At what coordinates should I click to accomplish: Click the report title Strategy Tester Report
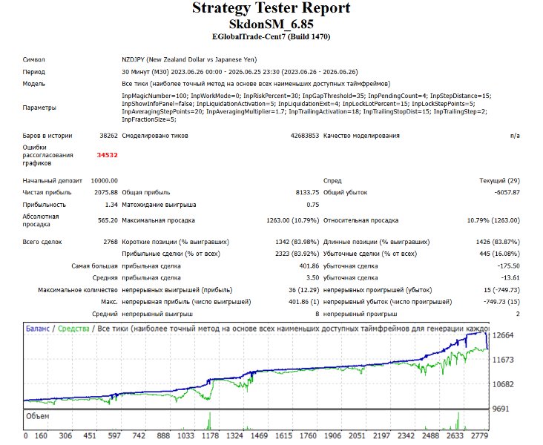pyautogui.click(x=271, y=8)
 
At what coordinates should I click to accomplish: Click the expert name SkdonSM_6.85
pyautogui.click(x=271, y=24)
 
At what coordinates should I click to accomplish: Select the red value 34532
pyautogui.click(x=107, y=155)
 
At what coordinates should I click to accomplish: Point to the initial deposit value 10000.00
pyautogui.click(x=105, y=181)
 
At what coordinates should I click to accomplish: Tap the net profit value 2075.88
pyautogui.click(x=106, y=193)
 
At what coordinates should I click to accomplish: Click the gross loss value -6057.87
pyautogui.click(x=507, y=193)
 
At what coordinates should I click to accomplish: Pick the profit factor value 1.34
pyautogui.click(x=111, y=205)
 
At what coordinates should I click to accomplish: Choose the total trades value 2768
pyautogui.click(x=111, y=242)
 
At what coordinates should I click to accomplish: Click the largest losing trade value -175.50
pyautogui.click(x=508, y=266)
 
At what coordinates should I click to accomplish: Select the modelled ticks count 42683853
pyautogui.click(x=305, y=136)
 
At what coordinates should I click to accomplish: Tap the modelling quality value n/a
pyautogui.click(x=515, y=136)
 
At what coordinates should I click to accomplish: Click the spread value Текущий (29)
pyautogui.click(x=499, y=181)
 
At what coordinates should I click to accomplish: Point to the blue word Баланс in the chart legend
pyautogui.click(x=38, y=329)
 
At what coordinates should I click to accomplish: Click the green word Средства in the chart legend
pyautogui.click(x=73, y=329)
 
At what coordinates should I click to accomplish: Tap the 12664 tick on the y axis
pyautogui.click(x=503, y=335)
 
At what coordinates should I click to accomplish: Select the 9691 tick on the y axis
pyautogui.click(x=501, y=409)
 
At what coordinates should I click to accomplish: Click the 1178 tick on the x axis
pyautogui.click(x=210, y=436)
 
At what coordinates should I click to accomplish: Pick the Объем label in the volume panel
pyautogui.click(x=37, y=416)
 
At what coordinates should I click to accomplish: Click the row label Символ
pyautogui.click(x=33, y=59)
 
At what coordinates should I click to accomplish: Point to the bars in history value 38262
pyautogui.click(x=109, y=136)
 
